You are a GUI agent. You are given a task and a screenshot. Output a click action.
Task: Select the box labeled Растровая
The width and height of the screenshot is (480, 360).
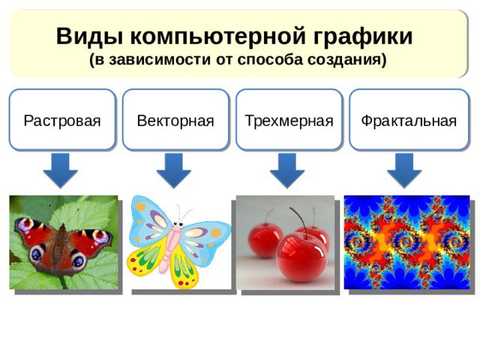[x=62, y=120]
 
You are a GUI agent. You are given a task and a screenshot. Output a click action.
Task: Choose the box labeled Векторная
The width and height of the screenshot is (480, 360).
[x=175, y=120]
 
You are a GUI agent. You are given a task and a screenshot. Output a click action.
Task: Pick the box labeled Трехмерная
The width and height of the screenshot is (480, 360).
[x=289, y=120]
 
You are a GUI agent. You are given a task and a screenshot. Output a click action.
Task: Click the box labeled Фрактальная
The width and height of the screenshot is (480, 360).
[x=409, y=120]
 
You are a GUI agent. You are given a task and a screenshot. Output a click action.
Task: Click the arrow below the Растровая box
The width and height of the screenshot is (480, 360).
[x=60, y=170]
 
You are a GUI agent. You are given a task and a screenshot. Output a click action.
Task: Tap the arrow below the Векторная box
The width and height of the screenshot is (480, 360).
[x=174, y=170]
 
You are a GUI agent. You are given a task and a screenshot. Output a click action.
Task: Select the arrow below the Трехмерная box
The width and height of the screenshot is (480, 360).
[x=287, y=170]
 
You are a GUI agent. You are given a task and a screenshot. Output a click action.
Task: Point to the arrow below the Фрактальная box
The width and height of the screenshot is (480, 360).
[x=404, y=170]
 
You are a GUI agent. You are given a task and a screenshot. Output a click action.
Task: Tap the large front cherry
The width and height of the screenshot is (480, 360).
[x=301, y=256]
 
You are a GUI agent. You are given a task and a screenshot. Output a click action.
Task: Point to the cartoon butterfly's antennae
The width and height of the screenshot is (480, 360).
[x=183, y=214]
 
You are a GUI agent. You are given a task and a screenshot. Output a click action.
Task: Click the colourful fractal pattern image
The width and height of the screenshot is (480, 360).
[x=406, y=242]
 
